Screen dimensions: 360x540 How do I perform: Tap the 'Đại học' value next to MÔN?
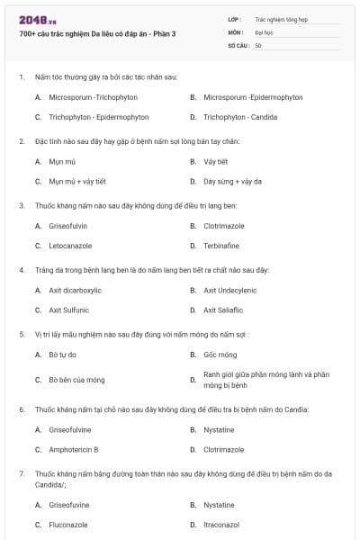(264, 31)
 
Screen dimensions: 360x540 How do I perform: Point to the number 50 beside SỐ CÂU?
(258, 45)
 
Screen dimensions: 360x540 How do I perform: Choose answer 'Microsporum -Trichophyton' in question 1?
(86, 96)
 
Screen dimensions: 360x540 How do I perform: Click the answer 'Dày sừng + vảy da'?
(232, 181)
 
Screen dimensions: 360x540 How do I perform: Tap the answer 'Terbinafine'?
(221, 246)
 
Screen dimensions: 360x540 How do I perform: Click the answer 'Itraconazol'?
(221, 524)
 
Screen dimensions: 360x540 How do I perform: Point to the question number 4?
(21, 270)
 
